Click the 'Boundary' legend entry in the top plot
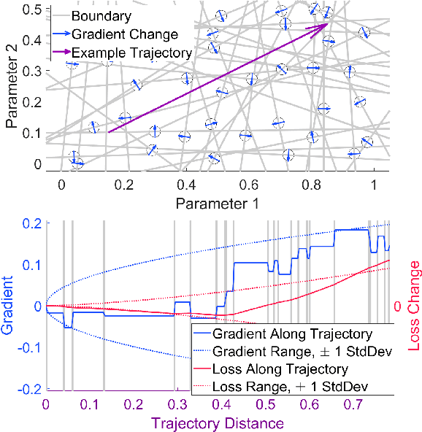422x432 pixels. pos(96,15)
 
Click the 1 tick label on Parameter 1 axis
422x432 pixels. pos(374,185)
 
